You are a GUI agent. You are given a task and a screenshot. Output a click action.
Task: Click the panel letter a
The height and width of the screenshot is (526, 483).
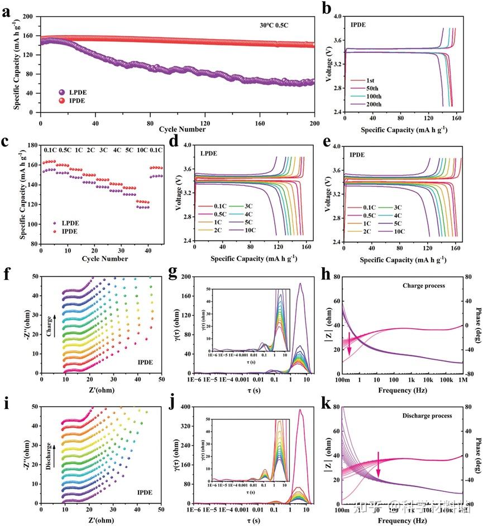6,11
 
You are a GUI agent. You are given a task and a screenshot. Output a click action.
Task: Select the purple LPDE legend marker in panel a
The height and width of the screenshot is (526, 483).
62,91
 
